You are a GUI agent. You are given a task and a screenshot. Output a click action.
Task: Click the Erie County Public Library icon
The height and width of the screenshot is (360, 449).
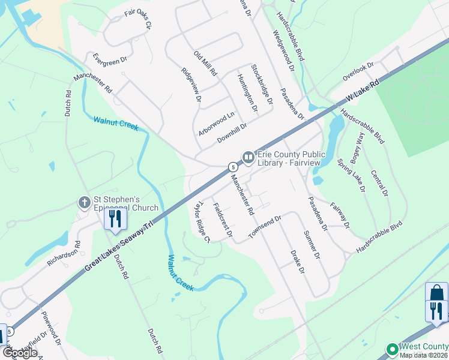[x=248, y=157]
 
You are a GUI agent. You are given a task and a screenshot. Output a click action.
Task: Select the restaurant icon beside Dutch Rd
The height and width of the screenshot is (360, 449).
[x=115, y=219]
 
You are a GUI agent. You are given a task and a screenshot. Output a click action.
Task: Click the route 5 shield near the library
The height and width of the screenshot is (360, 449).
[x=231, y=167]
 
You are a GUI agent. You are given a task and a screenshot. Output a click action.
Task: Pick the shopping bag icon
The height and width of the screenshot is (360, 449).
[x=436, y=293]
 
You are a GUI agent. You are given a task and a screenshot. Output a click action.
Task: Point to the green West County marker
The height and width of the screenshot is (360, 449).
[x=392, y=349]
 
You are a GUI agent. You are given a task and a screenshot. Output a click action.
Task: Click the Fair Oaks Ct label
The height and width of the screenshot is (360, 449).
[x=139, y=20]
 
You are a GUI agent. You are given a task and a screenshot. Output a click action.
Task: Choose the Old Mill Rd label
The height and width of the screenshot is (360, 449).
[x=205, y=63]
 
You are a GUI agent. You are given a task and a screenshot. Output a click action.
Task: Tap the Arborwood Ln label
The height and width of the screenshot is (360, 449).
[x=217, y=122]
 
